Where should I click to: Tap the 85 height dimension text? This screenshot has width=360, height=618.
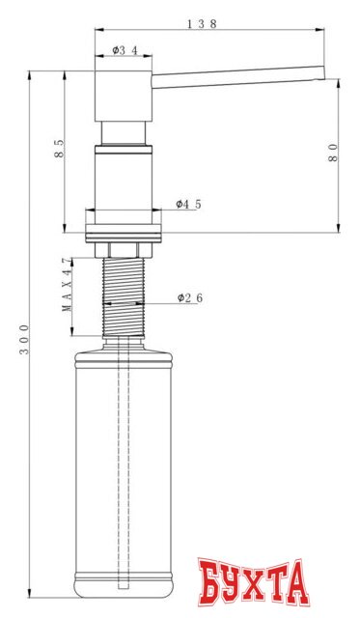pyautogui.click(x=60, y=150)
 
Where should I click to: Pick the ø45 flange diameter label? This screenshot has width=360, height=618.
pyautogui.click(x=188, y=204)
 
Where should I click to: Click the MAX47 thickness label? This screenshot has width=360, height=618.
pyautogui.click(x=67, y=285)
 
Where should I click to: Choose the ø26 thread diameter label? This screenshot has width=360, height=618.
pyautogui.click(x=189, y=298)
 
